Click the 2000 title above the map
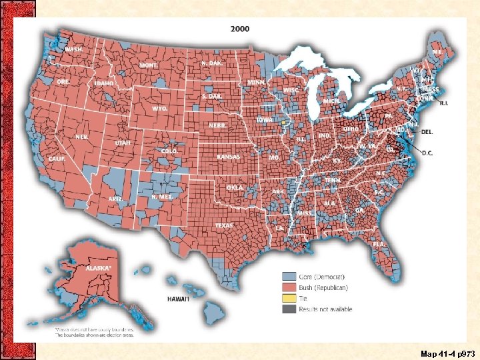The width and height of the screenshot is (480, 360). point(241,29)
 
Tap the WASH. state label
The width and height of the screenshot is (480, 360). point(74,49)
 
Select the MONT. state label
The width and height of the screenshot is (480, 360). point(148,65)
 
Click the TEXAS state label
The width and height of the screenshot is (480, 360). point(224,225)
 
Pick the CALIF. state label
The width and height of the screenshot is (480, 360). point(57,159)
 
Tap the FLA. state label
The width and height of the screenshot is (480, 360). point(379,244)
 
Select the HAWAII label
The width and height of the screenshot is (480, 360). point(178,299)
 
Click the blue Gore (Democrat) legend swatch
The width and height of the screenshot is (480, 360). point(289,276)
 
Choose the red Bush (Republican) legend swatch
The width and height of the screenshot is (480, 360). point(289,287)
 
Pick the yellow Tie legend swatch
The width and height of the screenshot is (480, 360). point(289,298)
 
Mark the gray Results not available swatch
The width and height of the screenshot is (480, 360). point(289,309)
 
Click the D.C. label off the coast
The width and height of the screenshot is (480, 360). point(427,153)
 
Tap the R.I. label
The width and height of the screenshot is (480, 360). point(444,103)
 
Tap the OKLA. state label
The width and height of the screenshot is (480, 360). point(234,188)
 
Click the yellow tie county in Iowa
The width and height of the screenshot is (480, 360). point(283,123)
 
